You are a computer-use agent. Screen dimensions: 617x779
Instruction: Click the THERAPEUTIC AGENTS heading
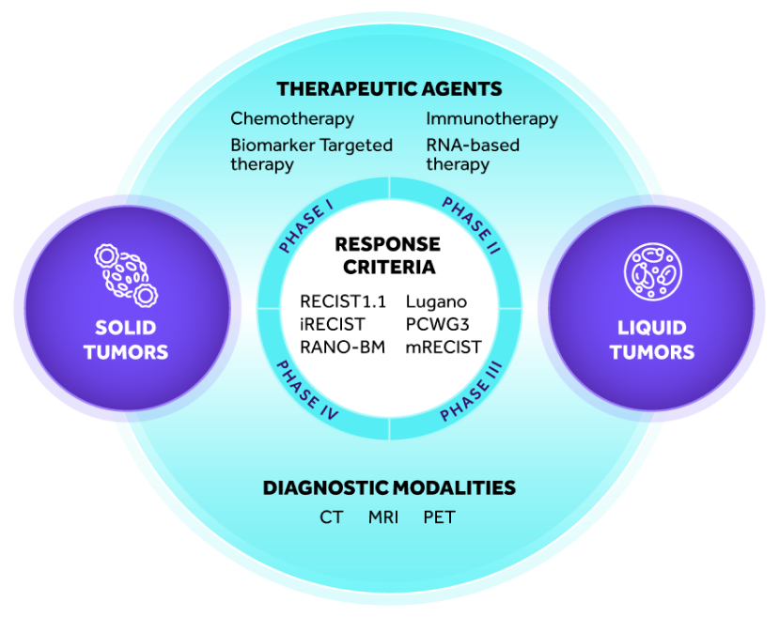(389, 89)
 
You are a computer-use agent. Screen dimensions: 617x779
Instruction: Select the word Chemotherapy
(292, 119)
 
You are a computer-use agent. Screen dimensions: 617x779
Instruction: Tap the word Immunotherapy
(491, 119)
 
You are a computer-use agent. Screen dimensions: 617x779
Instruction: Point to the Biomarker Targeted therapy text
(311, 155)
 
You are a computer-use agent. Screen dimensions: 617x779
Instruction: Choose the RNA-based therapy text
(473, 155)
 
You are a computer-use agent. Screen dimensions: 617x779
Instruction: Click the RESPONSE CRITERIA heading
(388, 255)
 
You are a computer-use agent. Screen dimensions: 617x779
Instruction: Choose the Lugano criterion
(437, 302)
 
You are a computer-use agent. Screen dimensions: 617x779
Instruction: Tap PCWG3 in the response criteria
(438, 325)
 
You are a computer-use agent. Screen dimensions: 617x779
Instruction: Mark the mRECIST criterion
(444, 347)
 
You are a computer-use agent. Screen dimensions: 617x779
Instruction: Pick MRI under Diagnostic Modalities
(383, 517)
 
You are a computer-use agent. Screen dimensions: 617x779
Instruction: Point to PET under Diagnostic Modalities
(439, 517)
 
